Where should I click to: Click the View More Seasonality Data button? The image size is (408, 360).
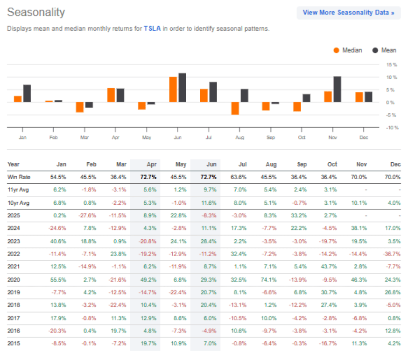pyautogui.click(x=348, y=13)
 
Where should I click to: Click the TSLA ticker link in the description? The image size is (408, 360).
pyautogui.click(x=152, y=28)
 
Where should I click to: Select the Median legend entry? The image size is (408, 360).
pyautogui.click(x=348, y=50)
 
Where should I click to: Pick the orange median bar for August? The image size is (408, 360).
pyautogui.click(x=235, y=108)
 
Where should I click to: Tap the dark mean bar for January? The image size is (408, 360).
pyautogui.click(x=27, y=93)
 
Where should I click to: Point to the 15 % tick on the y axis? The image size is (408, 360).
pyautogui.click(x=391, y=64)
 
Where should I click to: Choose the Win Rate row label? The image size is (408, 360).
pyautogui.click(x=18, y=177)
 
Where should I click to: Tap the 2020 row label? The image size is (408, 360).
pyautogui.click(x=14, y=280)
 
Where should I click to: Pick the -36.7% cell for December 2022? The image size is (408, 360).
pyautogui.click(x=392, y=254)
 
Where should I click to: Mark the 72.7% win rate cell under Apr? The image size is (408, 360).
pyautogui.click(x=150, y=177)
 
